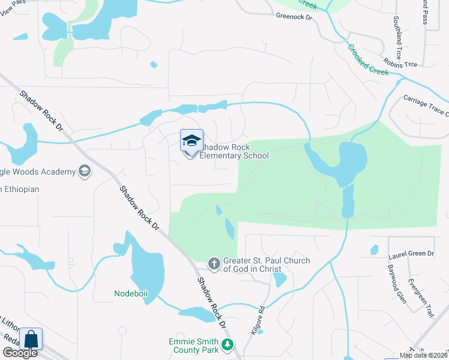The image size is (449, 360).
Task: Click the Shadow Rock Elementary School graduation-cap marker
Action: point(191,142)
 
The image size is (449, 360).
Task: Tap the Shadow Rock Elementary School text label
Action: point(234,151)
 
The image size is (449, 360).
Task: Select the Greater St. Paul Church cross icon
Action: point(214,263)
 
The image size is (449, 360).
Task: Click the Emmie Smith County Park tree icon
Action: point(227,344)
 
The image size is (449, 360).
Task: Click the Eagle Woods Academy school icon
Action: point(85,172)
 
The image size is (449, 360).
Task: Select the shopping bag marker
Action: point(31,339)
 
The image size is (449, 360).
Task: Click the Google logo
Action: point(20,353)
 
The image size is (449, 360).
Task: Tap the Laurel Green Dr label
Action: point(411,254)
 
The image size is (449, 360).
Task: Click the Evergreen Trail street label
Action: point(421,297)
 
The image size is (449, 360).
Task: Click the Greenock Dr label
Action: point(294,17)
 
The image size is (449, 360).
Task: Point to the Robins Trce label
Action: point(401,64)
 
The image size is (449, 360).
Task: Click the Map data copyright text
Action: point(424,355)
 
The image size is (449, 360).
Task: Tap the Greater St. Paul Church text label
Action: point(267,265)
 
